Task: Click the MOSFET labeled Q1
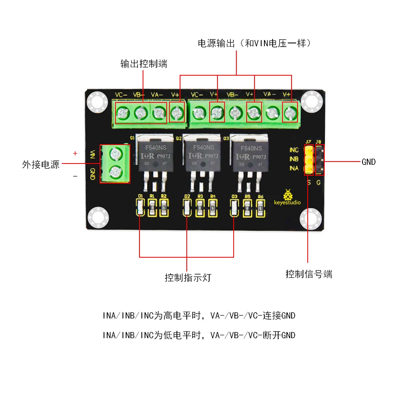[155, 156]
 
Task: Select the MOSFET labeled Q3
[250, 156]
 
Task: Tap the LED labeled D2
[187, 207]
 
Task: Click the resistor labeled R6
[260, 207]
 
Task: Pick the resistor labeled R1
[152, 207]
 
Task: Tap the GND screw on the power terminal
[115, 172]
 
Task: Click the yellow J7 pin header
[309, 160]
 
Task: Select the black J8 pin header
[320, 160]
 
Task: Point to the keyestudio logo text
[287, 203]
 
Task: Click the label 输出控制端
[144, 64]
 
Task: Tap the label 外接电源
[41, 164]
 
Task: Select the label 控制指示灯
[188, 278]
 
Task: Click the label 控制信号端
[309, 274]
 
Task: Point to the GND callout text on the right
[368, 162]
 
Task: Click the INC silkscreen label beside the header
[294, 150]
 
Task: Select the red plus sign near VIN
[75, 153]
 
